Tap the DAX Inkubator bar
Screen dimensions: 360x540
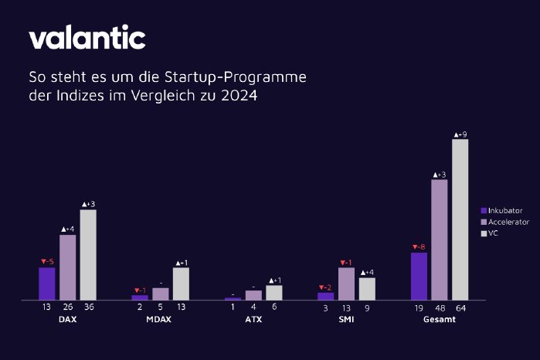click(x=47, y=284)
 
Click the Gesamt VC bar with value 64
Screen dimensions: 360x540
click(x=460, y=219)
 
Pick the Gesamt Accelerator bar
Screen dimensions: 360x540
click(x=439, y=239)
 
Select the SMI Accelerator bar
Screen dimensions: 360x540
click(x=346, y=284)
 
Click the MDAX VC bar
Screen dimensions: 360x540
click(x=181, y=284)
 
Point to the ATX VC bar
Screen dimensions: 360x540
click(x=274, y=292)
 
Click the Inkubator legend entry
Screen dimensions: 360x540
click(x=501, y=210)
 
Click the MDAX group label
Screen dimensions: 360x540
click(x=158, y=320)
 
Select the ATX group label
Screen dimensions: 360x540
click(x=252, y=320)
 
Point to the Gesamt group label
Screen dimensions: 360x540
click(x=439, y=320)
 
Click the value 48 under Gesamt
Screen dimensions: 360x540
click(x=439, y=307)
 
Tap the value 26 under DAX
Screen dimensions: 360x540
click(x=67, y=307)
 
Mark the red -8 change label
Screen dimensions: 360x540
click(x=418, y=247)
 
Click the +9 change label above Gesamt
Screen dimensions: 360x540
click(x=460, y=134)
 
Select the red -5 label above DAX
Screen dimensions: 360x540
click(x=46, y=262)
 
